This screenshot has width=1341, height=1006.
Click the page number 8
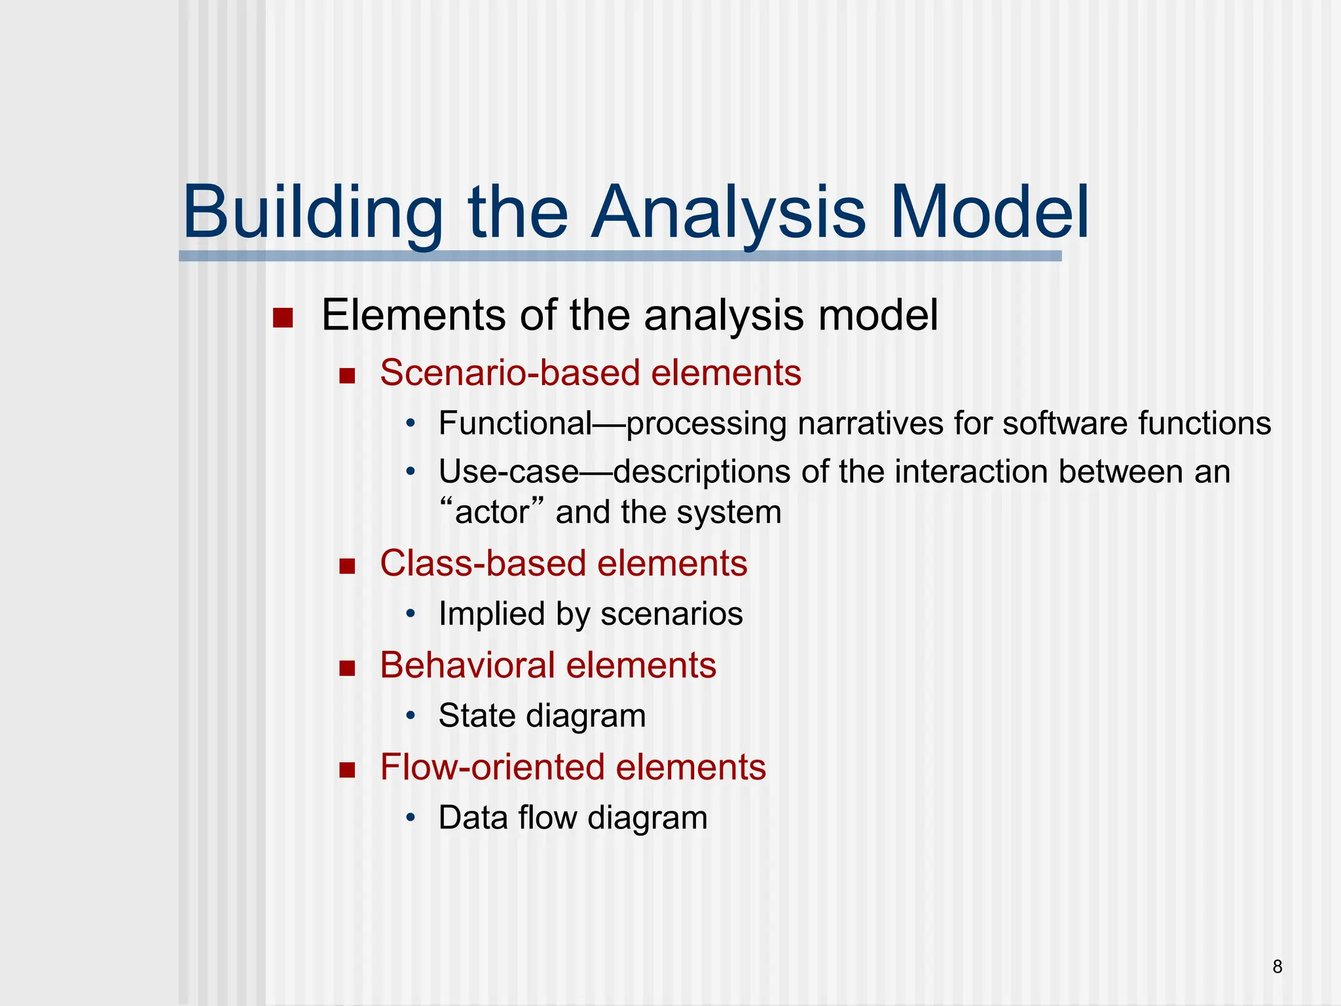[x=1277, y=967]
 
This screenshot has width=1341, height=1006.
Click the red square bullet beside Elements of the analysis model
[x=282, y=318]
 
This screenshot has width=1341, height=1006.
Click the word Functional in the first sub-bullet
[x=515, y=423]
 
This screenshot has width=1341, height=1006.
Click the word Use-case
[x=508, y=472]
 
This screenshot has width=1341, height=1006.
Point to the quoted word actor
[x=492, y=512]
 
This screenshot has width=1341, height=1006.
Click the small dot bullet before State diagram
[x=411, y=716]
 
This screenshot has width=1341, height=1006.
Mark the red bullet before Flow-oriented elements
[x=347, y=770]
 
